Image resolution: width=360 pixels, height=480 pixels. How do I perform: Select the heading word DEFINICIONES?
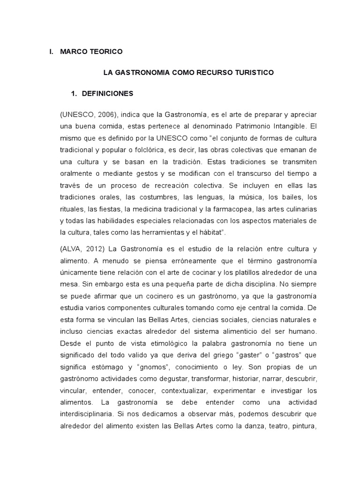pos(107,94)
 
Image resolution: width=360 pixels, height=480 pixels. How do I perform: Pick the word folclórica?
pos(166,150)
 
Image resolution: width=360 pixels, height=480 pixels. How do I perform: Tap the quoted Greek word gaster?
pos(233,355)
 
